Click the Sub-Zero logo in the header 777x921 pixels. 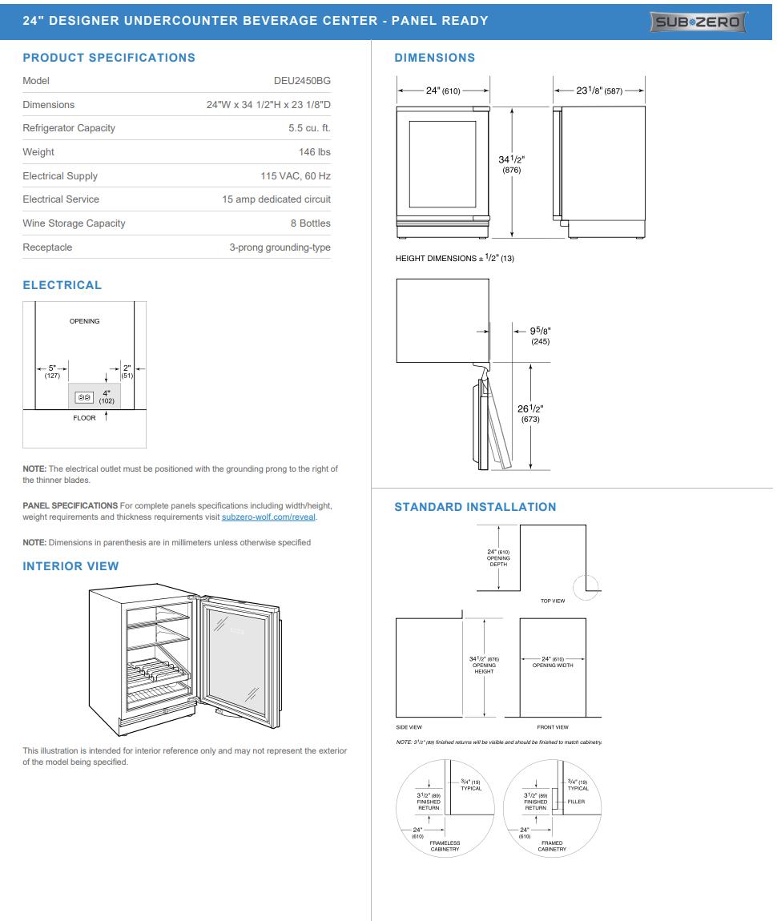tap(698, 22)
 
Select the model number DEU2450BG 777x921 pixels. tap(302, 81)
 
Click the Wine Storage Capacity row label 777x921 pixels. tap(74, 223)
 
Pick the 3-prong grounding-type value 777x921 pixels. tap(280, 247)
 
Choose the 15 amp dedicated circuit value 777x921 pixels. tap(276, 199)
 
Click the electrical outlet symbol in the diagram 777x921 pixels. tap(84, 396)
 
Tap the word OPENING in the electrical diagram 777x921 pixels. tap(84, 321)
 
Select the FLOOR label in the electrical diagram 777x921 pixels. tap(84, 418)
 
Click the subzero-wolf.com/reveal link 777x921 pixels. tap(269, 517)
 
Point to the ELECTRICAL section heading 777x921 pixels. tap(62, 285)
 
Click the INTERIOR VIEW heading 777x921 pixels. tap(70, 566)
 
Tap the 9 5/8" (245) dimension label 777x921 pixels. tap(540, 336)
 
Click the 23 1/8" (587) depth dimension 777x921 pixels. tap(599, 90)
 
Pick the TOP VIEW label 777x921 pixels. tap(553, 601)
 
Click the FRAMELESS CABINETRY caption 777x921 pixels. tap(445, 846)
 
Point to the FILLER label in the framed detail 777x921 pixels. tap(576, 802)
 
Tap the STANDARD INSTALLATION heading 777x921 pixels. tap(475, 507)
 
